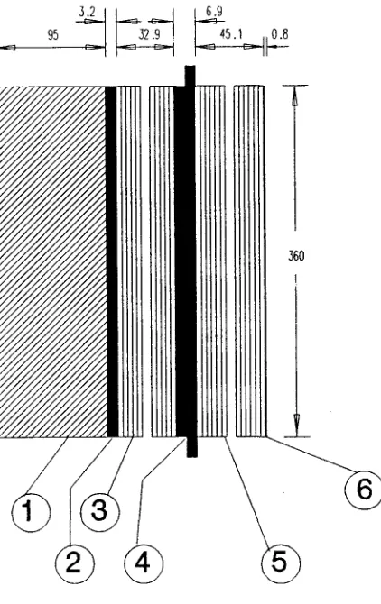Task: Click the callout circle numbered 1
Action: tap(31, 512)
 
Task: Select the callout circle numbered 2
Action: tap(74, 563)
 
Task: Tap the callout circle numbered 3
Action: tap(100, 512)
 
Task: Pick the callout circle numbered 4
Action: tap(144, 563)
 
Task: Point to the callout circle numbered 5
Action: tap(281, 563)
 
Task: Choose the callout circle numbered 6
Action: tap(363, 490)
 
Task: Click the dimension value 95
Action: tap(53, 35)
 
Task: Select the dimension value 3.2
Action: tap(87, 11)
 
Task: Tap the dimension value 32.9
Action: tap(149, 34)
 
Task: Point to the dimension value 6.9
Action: tap(214, 11)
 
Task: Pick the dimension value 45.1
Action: tap(231, 34)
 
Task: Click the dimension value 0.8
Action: tap(280, 34)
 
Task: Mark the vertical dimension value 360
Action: tap(296, 256)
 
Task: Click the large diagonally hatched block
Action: tap(53, 261)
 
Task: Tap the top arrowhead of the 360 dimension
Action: tap(295, 95)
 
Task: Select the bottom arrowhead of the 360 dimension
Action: tap(296, 426)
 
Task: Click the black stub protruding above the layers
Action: tap(190, 76)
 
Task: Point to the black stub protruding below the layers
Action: tap(192, 447)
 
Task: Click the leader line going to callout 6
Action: tap(310, 453)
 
